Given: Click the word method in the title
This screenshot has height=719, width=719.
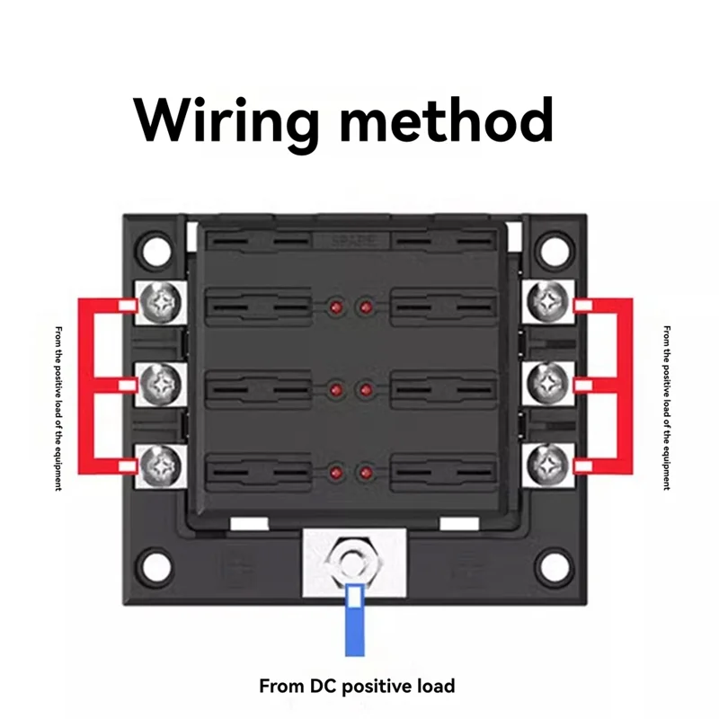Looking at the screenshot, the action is [x=447, y=120].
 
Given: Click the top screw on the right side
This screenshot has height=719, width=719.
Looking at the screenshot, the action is [x=548, y=301].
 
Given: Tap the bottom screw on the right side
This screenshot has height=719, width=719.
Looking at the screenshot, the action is [x=548, y=465].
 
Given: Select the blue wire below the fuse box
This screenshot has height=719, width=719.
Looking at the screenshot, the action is [x=354, y=620].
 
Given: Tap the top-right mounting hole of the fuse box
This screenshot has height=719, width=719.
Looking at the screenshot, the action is [x=555, y=251].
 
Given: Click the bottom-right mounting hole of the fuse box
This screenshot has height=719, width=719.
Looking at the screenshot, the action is [x=555, y=566].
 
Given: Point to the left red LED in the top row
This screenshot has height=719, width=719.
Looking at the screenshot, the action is [x=336, y=306].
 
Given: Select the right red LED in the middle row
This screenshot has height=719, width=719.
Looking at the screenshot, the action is [x=366, y=390].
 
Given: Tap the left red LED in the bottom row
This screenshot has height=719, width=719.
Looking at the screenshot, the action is [x=336, y=473].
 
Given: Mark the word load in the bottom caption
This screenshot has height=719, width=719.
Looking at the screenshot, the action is [x=437, y=686].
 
